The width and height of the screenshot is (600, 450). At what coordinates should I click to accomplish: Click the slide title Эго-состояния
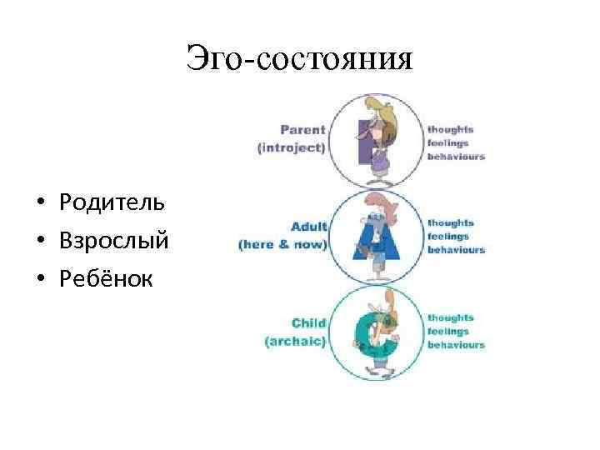tap(300, 59)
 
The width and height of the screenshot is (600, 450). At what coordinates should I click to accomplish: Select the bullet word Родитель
tap(112, 202)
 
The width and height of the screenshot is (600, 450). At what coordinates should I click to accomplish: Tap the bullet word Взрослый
tap(114, 241)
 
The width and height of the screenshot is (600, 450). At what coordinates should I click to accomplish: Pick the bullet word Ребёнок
tap(106, 279)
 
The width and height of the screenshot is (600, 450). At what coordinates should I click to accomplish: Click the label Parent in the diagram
tap(302, 130)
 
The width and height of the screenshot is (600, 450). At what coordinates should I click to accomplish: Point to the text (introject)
tap(292, 147)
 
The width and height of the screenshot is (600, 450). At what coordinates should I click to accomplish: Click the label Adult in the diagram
tap(308, 227)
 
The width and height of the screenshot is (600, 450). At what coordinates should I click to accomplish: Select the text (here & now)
tap(282, 245)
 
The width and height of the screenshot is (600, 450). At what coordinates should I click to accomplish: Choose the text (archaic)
tap(295, 341)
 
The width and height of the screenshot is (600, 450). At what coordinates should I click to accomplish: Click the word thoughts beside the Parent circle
tap(451, 129)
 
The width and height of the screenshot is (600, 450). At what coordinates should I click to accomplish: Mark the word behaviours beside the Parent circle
tap(456, 156)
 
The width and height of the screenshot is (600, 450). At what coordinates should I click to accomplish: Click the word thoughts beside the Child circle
tap(451, 317)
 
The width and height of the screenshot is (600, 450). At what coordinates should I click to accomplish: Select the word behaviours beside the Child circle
tap(456, 344)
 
